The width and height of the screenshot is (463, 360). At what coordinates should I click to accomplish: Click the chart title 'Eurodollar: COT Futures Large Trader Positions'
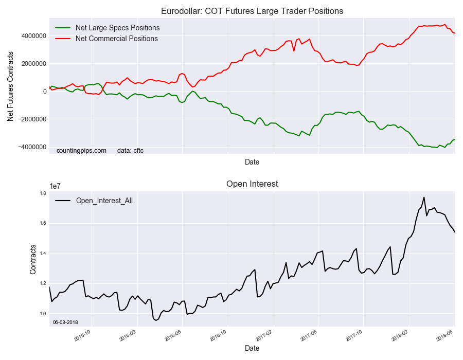click(x=252, y=11)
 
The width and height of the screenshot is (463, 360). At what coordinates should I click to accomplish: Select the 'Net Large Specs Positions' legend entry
click(x=117, y=28)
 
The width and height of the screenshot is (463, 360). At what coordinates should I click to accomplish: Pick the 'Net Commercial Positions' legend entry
click(x=116, y=39)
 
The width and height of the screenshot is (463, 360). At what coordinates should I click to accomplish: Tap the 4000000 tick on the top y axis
click(x=31, y=36)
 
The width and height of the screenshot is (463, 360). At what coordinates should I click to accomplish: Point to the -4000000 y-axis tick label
click(x=29, y=147)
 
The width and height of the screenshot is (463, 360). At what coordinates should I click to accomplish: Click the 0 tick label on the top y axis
click(x=45, y=92)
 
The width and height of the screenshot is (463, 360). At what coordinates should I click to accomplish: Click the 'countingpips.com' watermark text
click(x=81, y=151)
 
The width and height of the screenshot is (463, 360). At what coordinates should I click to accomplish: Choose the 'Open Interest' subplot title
click(x=252, y=184)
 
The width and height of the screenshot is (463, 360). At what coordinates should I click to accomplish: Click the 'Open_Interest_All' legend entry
click(x=104, y=201)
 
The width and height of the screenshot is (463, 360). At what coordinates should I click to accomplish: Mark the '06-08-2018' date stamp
click(x=65, y=322)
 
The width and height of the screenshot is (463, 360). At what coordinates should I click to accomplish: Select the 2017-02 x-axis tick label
click(x=266, y=335)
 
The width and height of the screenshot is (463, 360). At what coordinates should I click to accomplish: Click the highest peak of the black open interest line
click(x=424, y=197)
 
